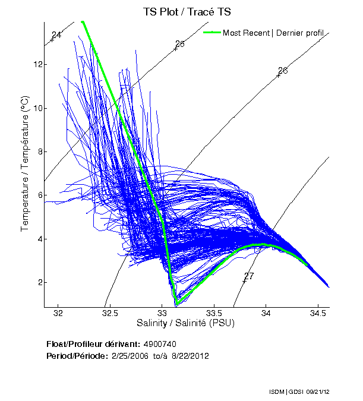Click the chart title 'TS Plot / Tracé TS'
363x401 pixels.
click(187, 11)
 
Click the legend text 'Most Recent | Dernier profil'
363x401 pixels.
click(273, 33)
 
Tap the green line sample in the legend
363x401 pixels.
click(212, 33)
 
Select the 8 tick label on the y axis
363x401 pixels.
click(37, 151)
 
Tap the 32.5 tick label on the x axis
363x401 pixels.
click(111, 313)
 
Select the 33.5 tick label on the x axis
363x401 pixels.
click(214, 313)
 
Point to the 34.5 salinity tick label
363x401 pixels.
click(318, 313)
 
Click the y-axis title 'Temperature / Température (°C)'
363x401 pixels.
click(25, 164)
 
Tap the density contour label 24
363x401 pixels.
click(56, 35)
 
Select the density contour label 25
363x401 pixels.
click(180, 44)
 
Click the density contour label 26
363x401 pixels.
click(283, 71)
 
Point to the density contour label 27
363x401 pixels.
click(249, 276)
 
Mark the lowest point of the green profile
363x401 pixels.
click(176, 304)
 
